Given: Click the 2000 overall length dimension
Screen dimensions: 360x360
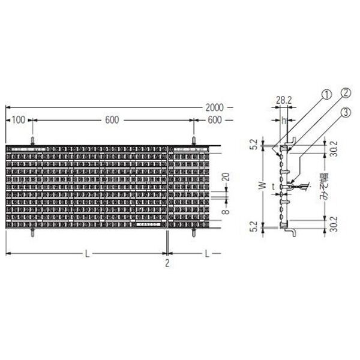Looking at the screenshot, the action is tap(214, 107).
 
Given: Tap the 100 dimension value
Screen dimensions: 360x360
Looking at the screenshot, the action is tap(19, 120).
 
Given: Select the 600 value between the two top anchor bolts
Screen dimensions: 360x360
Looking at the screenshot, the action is tap(112, 120).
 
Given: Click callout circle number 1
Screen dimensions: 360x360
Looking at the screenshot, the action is tap(327, 95).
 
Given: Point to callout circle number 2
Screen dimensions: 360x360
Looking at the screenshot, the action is tap(346, 93).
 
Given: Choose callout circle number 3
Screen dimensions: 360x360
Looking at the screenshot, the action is tap(346, 113).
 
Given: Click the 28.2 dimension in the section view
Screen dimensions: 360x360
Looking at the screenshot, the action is tap(284, 100).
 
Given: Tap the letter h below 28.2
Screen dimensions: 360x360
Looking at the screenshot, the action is tap(284, 121).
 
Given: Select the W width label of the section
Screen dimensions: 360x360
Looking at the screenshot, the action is tap(264, 185).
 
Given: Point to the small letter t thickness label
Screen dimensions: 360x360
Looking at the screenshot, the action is tap(273, 187).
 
